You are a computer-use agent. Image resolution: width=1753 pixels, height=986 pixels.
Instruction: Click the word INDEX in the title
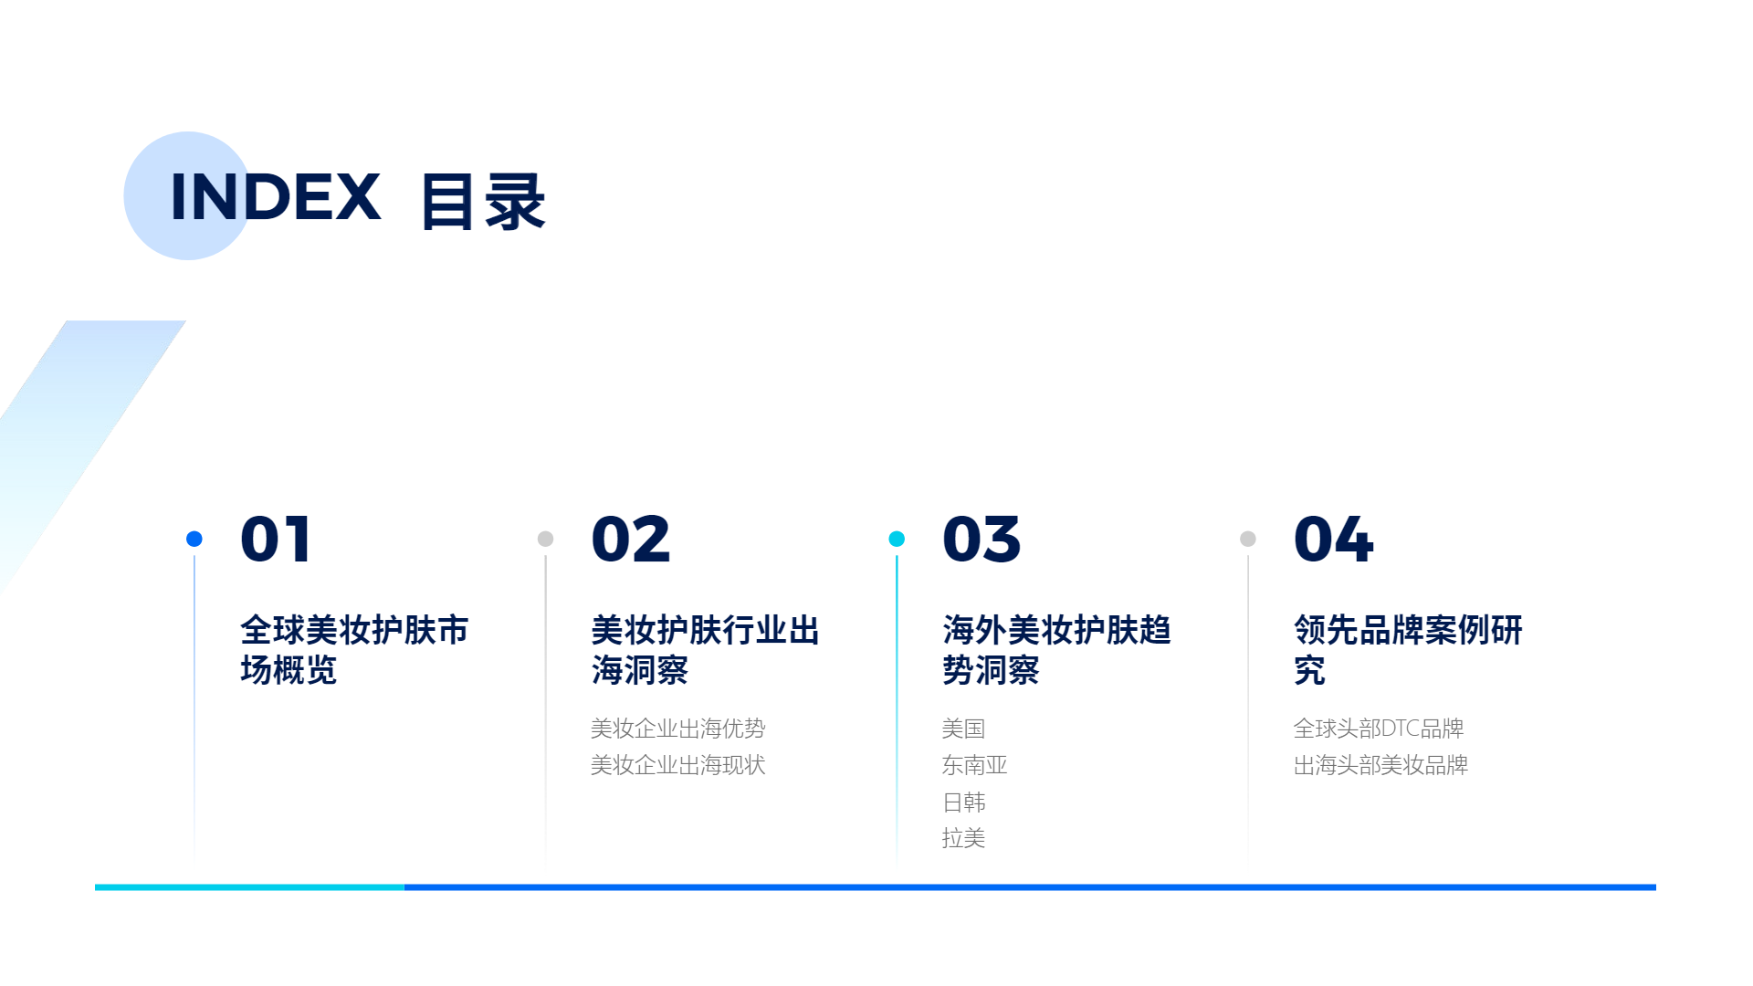tap(275, 196)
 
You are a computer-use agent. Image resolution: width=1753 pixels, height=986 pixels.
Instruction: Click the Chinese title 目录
tap(483, 202)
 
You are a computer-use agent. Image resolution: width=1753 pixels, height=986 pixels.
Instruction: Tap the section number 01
tap(276, 539)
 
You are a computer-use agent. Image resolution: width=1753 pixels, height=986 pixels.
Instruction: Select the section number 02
tap(631, 539)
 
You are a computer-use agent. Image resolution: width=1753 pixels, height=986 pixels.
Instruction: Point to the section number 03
tap(981, 539)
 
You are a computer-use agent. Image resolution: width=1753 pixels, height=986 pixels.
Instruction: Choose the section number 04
tap(1334, 539)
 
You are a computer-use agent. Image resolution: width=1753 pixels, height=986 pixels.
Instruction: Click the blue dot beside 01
tap(194, 539)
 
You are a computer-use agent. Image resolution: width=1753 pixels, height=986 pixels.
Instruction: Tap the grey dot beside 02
tap(546, 539)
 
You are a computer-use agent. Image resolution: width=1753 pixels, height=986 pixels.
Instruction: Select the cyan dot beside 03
tap(897, 539)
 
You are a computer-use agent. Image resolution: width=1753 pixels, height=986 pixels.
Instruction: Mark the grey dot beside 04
tap(1248, 539)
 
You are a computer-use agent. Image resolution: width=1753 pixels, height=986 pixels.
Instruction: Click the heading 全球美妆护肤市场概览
tap(354, 650)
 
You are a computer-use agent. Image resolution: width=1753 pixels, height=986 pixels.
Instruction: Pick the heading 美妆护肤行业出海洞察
tap(706, 650)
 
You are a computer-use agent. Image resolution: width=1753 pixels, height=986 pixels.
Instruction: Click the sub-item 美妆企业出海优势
tap(678, 729)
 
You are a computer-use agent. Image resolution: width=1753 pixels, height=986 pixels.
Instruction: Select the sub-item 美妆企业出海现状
tap(678, 765)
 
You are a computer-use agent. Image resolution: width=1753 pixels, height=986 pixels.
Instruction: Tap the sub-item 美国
tap(964, 729)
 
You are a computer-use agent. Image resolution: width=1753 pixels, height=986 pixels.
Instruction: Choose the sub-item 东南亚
tap(975, 765)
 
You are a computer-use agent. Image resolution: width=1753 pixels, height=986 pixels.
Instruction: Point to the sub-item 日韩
tap(964, 802)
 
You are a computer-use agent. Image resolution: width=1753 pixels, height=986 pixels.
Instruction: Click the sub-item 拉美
tap(964, 838)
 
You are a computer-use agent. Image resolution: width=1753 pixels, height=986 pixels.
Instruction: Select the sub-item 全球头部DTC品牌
tap(1379, 729)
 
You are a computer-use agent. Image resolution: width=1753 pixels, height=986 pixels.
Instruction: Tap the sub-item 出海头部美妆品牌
tap(1381, 765)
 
